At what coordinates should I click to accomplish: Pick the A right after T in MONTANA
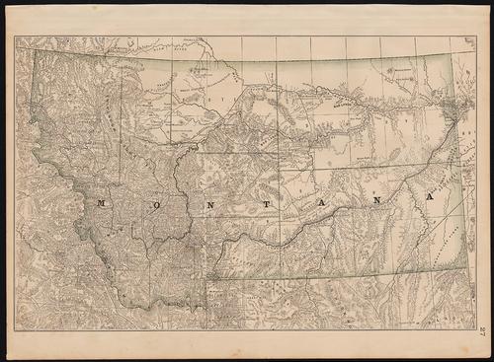tap(317, 200)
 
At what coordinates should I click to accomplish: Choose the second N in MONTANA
tap(370, 199)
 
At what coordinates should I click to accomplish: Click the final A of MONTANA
tap(428, 196)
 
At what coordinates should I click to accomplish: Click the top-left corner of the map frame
tap(15, 36)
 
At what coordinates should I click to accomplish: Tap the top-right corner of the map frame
tap(475, 36)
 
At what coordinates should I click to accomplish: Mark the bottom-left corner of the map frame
tap(15, 330)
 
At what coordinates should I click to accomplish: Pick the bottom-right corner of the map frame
tap(475, 330)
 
